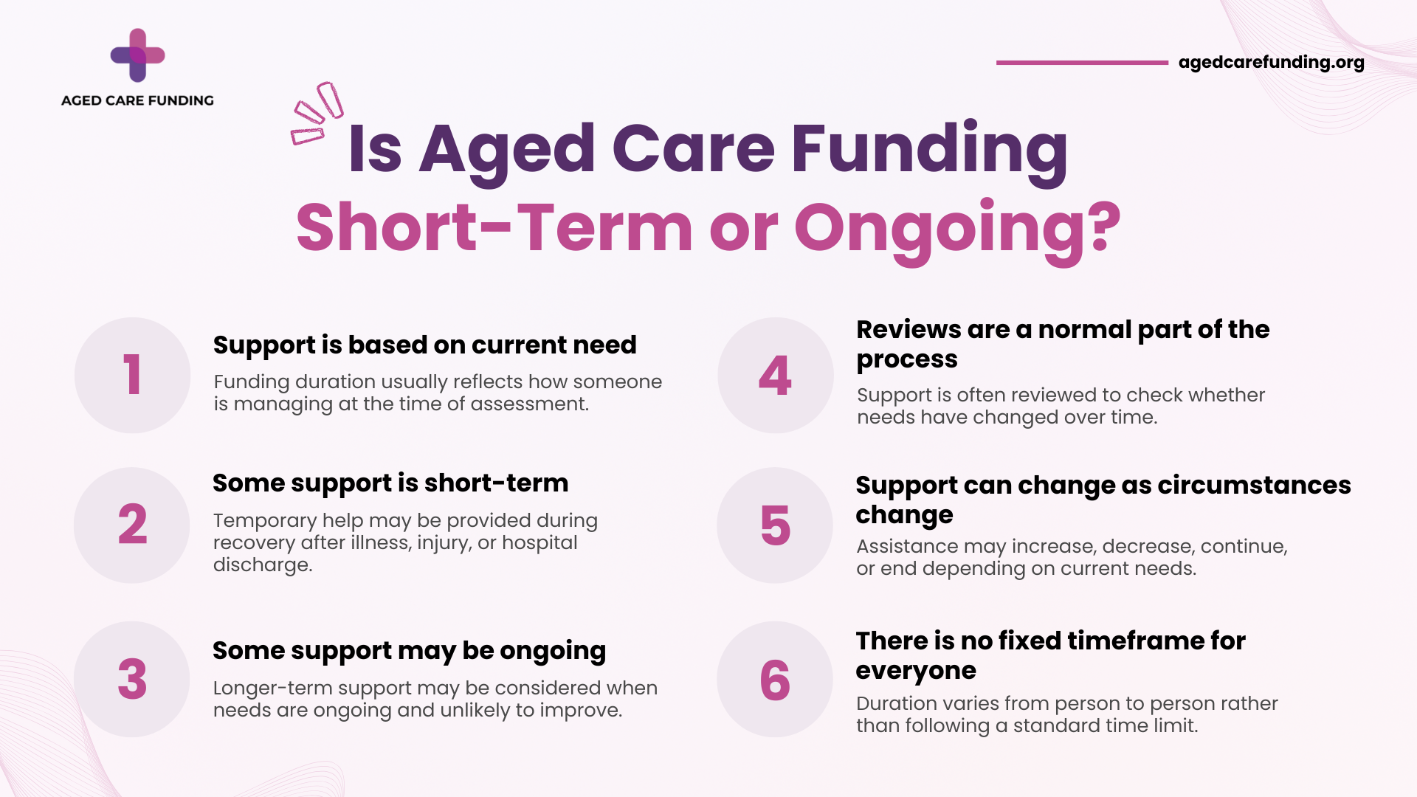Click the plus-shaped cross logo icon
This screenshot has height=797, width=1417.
[x=137, y=55]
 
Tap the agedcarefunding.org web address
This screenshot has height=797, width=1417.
[x=1271, y=63]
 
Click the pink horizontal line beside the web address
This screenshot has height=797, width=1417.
[x=1082, y=63]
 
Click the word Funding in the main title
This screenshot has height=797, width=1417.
[x=929, y=150]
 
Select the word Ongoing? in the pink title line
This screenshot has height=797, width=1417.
[x=957, y=230]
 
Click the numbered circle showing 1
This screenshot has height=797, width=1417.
[x=133, y=375]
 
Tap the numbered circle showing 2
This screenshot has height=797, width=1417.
[x=132, y=525]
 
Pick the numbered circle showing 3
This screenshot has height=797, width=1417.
[x=132, y=679]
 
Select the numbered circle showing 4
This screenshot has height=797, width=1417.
[x=776, y=375]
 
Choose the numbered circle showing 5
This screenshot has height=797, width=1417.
[x=775, y=525]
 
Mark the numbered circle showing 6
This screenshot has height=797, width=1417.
[x=775, y=679]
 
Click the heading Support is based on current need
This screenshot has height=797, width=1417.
[x=424, y=345]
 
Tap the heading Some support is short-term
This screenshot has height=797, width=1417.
[x=390, y=483]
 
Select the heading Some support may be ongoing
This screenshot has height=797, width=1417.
[x=409, y=652]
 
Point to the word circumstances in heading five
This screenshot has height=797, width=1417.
[x=1254, y=485]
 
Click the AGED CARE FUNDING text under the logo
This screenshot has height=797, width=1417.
[x=137, y=100]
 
